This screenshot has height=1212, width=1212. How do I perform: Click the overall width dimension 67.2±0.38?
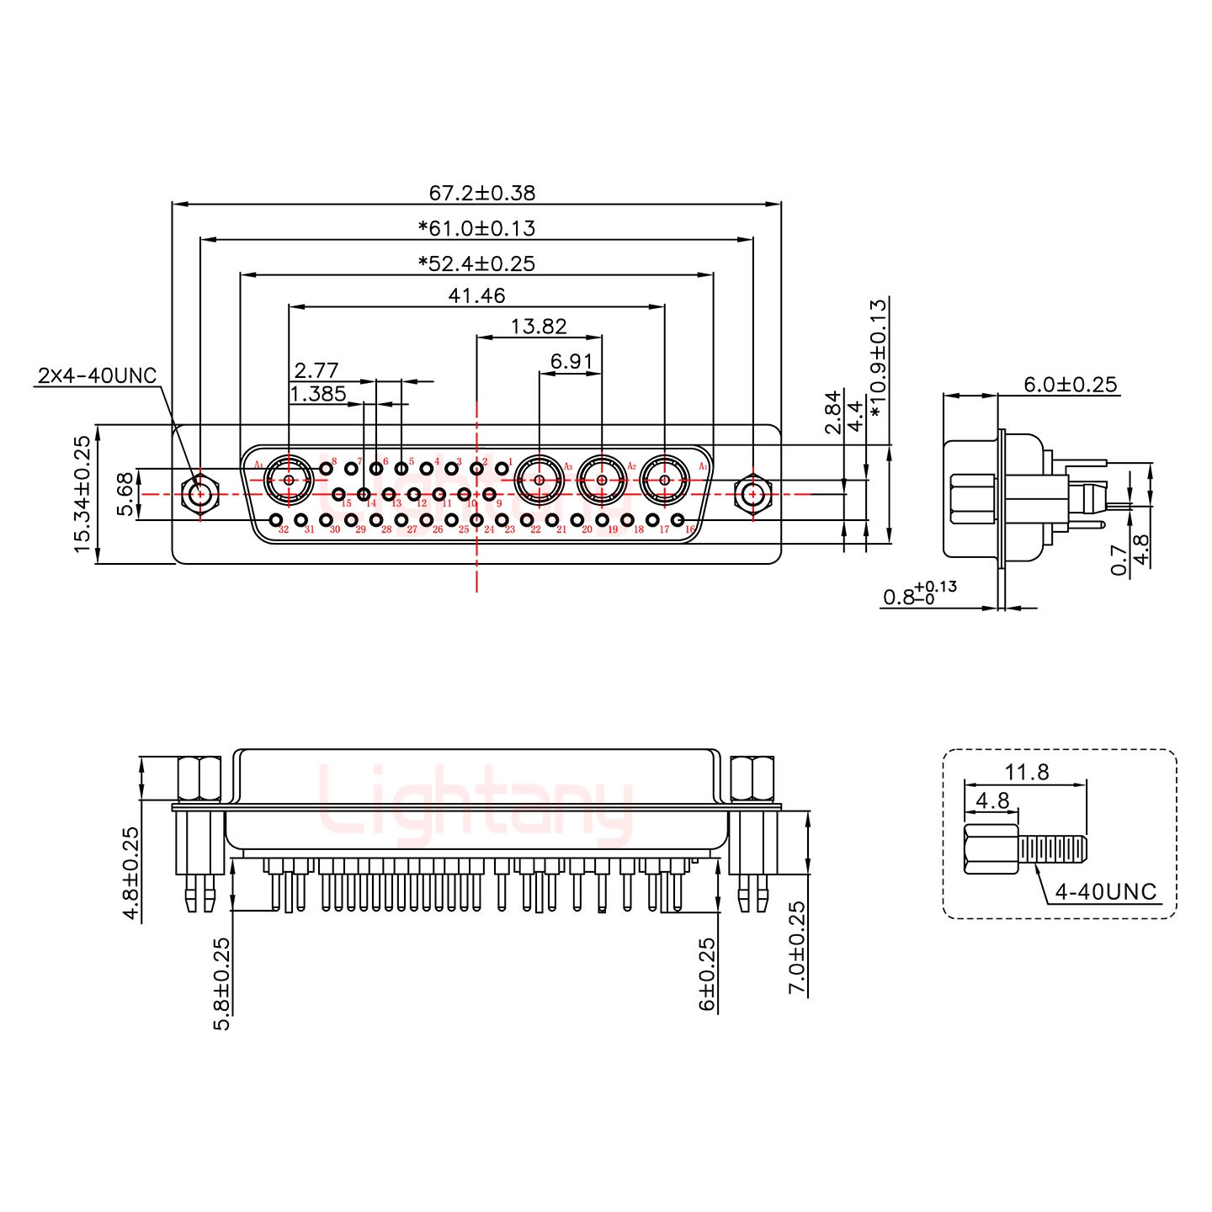click(481, 193)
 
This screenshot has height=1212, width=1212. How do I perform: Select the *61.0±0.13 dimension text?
click(476, 228)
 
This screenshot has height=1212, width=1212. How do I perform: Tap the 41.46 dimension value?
click(476, 295)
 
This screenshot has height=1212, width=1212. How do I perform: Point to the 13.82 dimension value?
click(539, 326)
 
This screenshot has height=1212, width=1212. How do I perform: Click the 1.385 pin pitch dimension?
click(317, 393)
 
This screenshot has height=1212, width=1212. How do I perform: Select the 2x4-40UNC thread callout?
click(97, 375)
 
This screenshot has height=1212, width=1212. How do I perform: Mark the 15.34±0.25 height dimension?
click(82, 493)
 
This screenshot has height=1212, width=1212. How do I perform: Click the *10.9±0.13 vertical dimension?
click(879, 358)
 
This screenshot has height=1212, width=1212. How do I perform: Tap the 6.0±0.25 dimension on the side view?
click(1070, 385)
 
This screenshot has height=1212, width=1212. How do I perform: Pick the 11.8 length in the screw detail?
click(1026, 771)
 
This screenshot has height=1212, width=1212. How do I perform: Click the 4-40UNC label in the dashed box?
click(1105, 891)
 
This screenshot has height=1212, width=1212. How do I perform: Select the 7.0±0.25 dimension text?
click(796, 948)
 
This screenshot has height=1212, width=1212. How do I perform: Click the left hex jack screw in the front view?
click(200, 494)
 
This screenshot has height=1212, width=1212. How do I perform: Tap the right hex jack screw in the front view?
click(752, 494)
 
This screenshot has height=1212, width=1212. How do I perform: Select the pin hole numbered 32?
click(276, 521)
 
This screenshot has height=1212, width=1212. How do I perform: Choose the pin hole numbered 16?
click(678, 521)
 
